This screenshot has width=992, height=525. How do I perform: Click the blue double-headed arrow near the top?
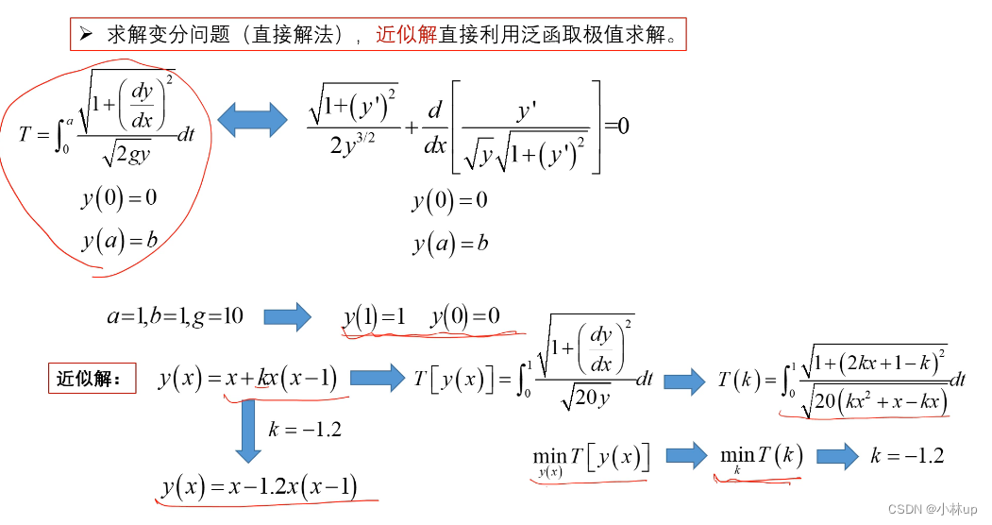point(252,119)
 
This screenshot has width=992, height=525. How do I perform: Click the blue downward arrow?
point(248,431)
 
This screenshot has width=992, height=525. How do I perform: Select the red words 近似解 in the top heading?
point(406,35)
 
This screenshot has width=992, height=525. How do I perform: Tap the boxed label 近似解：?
point(91,379)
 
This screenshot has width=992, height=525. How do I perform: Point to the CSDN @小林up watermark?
point(932,508)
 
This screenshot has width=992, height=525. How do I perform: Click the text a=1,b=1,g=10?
point(175,316)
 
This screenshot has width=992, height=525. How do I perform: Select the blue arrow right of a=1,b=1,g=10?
point(287,316)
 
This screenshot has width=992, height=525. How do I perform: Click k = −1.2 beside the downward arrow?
point(305,430)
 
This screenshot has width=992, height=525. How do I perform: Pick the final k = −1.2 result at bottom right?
point(907,456)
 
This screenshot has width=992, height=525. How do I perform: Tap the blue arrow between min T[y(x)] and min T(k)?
point(686,456)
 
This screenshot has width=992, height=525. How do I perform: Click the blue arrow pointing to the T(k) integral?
point(684,381)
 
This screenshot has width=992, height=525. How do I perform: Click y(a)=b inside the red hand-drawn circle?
point(119,241)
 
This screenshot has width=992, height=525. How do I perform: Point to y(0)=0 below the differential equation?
point(449,200)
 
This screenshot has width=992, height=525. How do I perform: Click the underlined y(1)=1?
point(374,317)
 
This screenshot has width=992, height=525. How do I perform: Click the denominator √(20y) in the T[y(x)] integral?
point(586,398)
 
